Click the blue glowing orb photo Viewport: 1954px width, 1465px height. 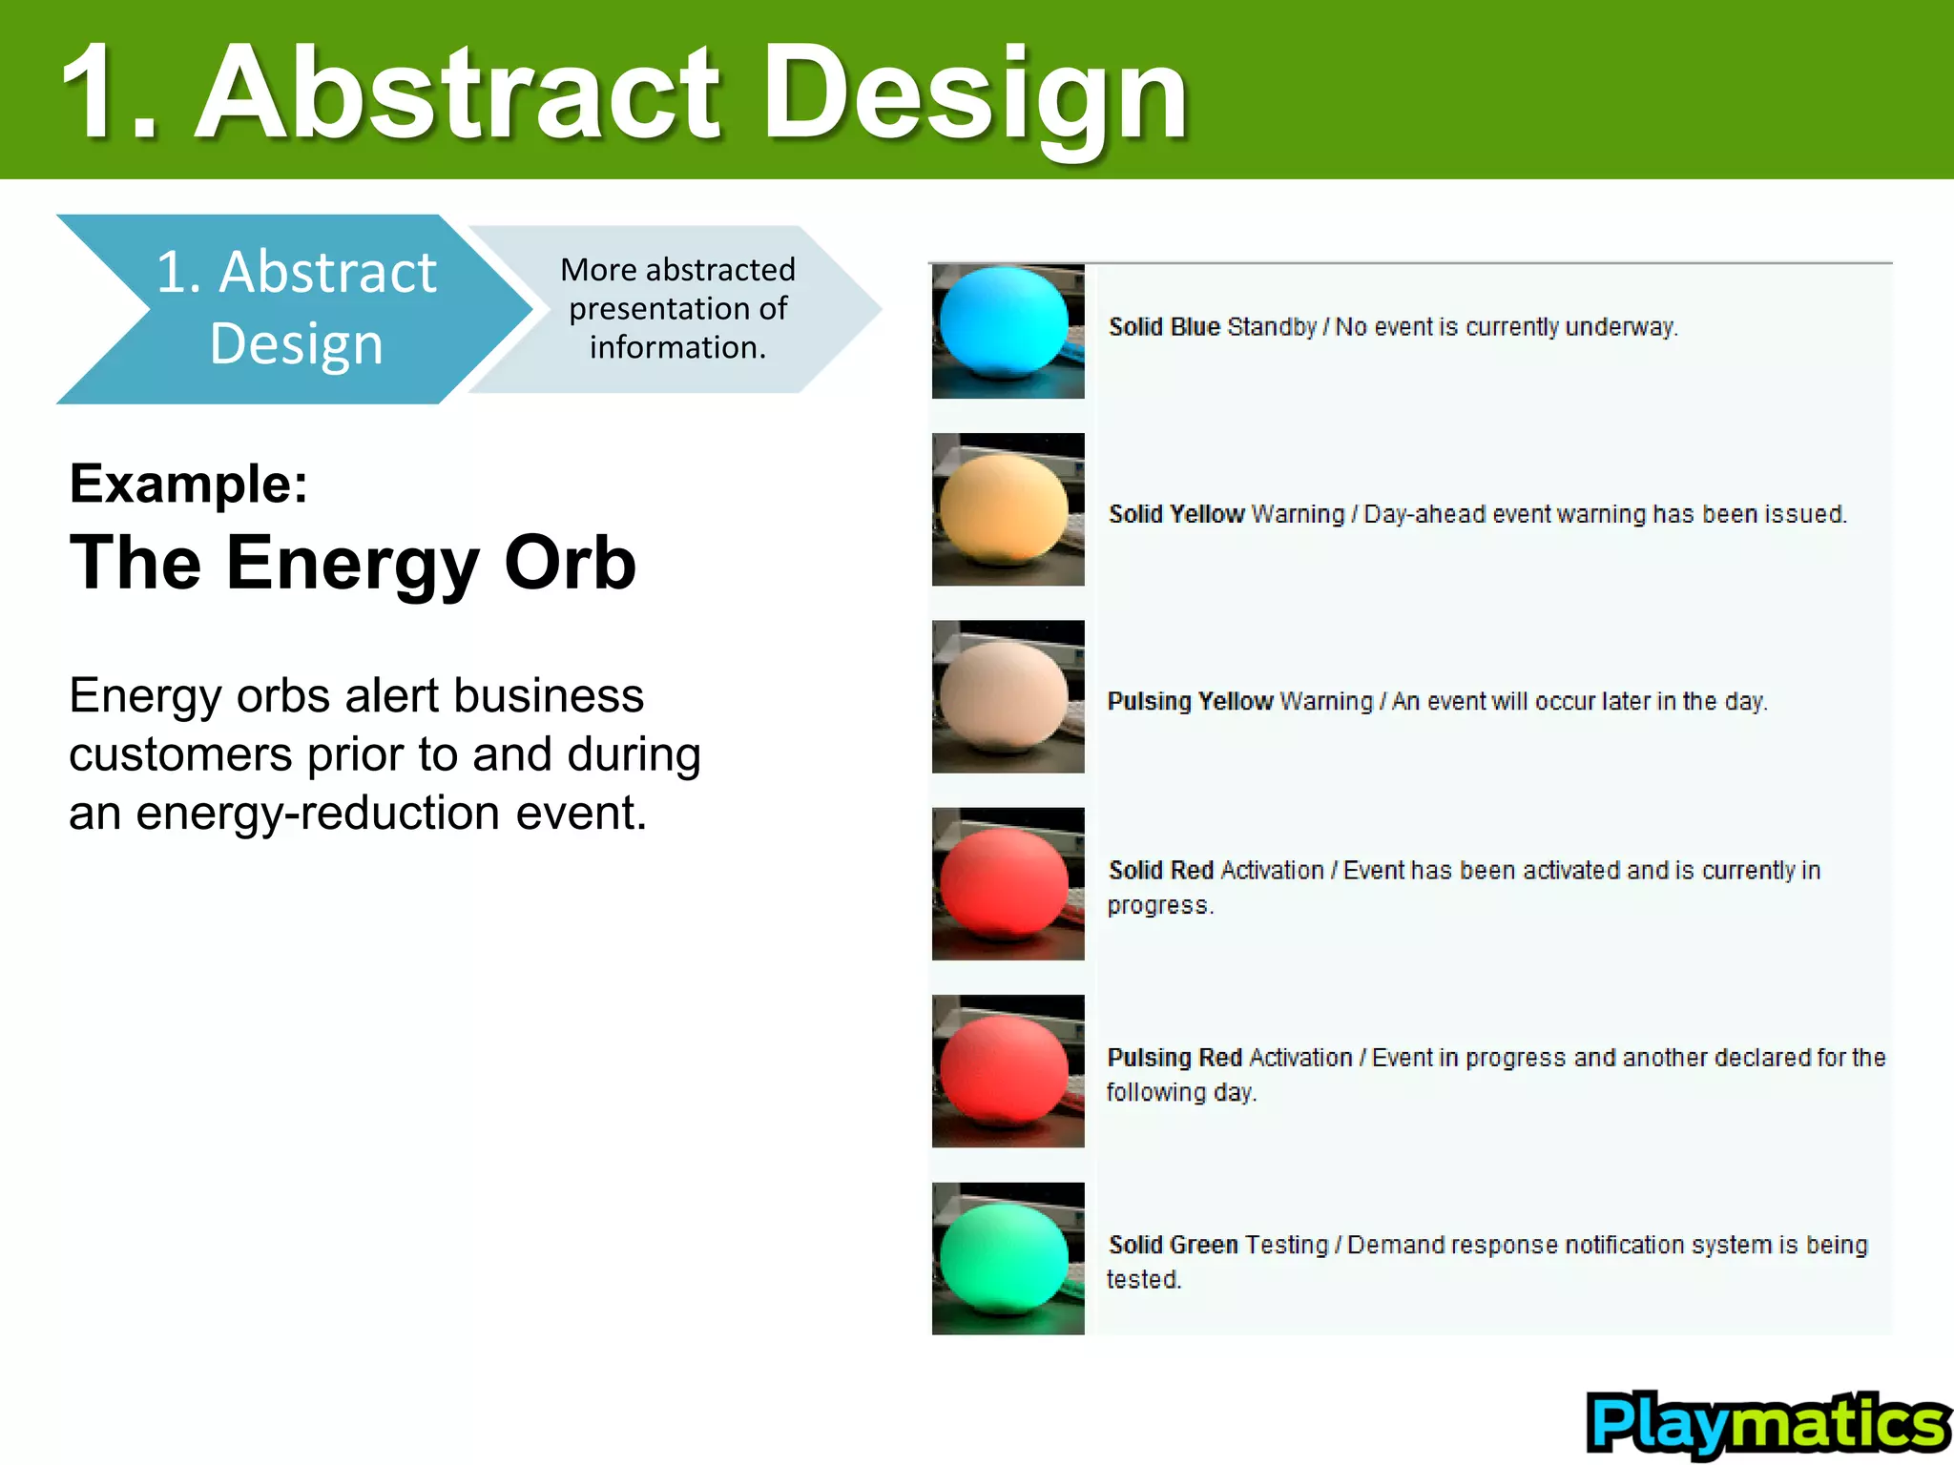(1008, 330)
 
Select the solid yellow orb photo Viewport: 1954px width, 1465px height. (1008, 508)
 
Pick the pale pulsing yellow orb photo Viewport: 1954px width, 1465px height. (1008, 696)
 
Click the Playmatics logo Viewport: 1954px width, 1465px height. (1767, 1423)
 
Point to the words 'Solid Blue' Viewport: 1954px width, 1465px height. (1164, 327)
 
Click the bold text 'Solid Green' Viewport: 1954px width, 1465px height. (1173, 1245)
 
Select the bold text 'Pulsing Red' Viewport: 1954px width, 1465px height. (1174, 1058)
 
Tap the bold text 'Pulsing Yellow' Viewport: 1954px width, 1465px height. (1189, 702)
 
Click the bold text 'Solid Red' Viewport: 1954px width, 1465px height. (1160, 871)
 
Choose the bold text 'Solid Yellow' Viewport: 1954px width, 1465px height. (1175, 514)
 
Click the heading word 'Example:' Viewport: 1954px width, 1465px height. (189, 484)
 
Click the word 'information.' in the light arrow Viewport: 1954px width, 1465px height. (677, 348)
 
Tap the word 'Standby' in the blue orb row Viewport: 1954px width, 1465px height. (1271, 327)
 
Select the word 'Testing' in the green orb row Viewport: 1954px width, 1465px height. (1286, 1245)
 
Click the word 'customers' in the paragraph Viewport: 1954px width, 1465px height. (180, 754)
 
